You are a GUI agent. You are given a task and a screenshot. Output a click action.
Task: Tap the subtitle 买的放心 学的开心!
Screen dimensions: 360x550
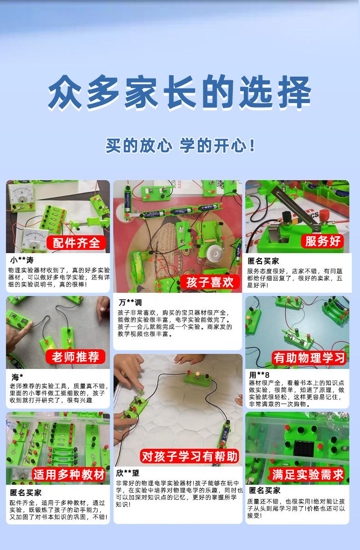pyautogui.click(x=180, y=145)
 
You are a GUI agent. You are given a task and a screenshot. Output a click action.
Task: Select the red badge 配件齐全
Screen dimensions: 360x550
pyautogui.click(x=76, y=243)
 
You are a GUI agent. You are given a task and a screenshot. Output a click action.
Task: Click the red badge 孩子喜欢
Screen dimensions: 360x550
pyautogui.click(x=210, y=282)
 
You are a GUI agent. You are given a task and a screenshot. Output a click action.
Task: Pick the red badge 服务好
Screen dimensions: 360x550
pyautogui.click(x=323, y=241)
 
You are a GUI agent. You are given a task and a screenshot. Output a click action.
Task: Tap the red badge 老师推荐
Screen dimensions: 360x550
pyautogui.click(x=75, y=357)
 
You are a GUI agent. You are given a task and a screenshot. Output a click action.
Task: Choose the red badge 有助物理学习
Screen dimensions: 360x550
pyautogui.click(x=309, y=358)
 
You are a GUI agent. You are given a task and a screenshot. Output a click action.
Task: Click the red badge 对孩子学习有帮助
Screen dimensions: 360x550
pyautogui.click(x=190, y=456)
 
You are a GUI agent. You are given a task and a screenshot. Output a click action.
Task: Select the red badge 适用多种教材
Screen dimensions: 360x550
pyautogui.click(x=69, y=474)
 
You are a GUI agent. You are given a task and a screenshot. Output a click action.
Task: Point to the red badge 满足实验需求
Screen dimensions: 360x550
pyautogui.click(x=308, y=474)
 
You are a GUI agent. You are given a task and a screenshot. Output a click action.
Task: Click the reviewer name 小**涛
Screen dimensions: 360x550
pyautogui.click(x=22, y=260)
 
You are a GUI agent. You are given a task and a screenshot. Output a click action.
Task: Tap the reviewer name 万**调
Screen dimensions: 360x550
pyautogui.click(x=130, y=302)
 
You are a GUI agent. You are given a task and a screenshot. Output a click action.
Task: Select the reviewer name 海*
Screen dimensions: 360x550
pyautogui.click(x=17, y=377)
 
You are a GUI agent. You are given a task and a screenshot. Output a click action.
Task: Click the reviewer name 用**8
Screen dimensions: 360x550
pyautogui.click(x=259, y=375)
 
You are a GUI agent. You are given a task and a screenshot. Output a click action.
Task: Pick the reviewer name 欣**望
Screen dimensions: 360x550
pyautogui.click(x=128, y=473)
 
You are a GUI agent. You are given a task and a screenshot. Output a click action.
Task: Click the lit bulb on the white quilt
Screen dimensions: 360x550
pyautogui.click(x=197, y=374)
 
